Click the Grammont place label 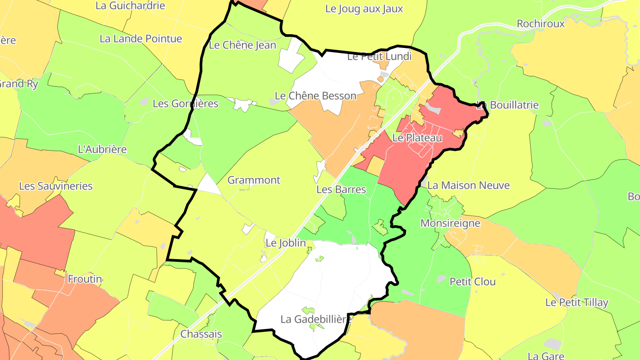(254, 180)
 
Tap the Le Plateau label (417, 138)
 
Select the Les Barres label (341, 189)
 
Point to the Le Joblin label (285, 243)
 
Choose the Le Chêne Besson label (316, 96)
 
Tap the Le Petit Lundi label (379, 56)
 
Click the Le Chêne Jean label (242, 45)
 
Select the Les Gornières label (185, 104)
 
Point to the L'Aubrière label (102, 149)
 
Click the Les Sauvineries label (56, 186)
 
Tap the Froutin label (85, 279)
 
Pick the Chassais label (201, 334)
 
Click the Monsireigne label (450, 223)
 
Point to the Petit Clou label (472, 281)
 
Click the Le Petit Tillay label (576, 303)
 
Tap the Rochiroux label (540, 24)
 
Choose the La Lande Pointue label (141, 39)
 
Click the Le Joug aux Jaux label (364, 8)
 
